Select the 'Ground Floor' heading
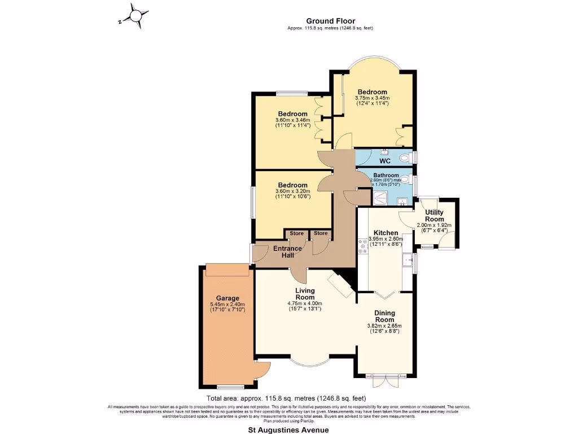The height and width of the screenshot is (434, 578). pyautogui.click(x=330, y=21)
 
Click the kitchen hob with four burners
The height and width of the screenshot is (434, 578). pyautogui.click(x=362, y=247)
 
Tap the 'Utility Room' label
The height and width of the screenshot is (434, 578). pyautogui.click(x=434, y=215)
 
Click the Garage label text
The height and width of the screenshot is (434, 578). pyautogui.click(x=227, y=298)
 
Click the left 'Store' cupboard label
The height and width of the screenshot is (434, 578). pyautogui.click(x=297, y=233)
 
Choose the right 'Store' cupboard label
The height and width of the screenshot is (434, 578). pyautogui.click(x=321, y=233)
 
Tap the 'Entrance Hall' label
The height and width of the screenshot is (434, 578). pyautogui.click(x=287, y=252)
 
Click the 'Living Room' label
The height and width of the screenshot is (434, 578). pyautogui.click(x=305, y=294)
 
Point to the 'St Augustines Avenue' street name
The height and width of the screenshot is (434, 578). pyautogui.click(x=288, y=429)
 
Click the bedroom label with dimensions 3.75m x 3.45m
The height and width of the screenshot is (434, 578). pyautogui.click(x=372, y=92)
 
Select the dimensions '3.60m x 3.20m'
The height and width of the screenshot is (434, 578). pyautogui.click(x=292, y=191)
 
